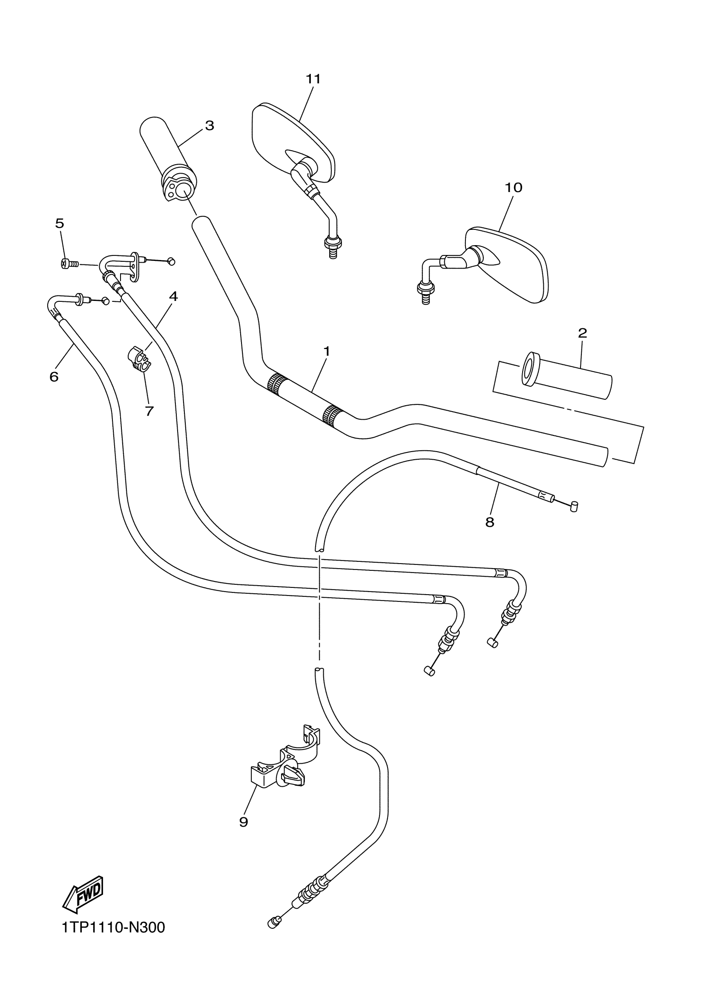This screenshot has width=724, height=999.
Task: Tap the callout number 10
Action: coord(513,188)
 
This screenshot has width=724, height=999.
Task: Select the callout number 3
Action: coord(210,126)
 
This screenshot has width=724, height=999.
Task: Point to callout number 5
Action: coord(60,223)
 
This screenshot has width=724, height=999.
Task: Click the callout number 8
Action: coord(490,522)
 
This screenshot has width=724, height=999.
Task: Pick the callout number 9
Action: coord(244,822)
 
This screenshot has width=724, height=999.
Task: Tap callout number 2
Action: coord(582,333)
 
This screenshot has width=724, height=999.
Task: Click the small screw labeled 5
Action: coord(69,264)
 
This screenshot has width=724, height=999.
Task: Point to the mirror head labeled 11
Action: coord(293,141)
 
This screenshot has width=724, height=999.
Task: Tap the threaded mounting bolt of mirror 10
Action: coord(426,293)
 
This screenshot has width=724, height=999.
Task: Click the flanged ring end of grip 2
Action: coord(529,369)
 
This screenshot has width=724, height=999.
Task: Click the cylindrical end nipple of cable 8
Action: coord(573,507)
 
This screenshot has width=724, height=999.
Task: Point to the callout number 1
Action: coord(327,351)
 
